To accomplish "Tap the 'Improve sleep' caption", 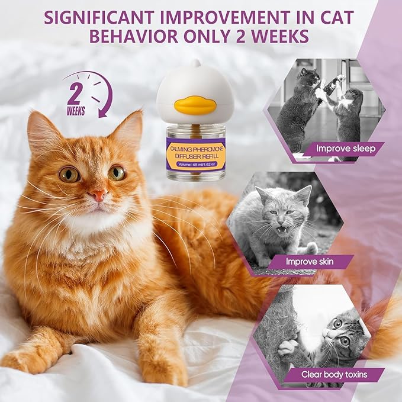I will click(345, 148).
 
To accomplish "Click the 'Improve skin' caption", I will click(312, 261).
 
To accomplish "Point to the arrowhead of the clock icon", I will click(104, 110).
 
